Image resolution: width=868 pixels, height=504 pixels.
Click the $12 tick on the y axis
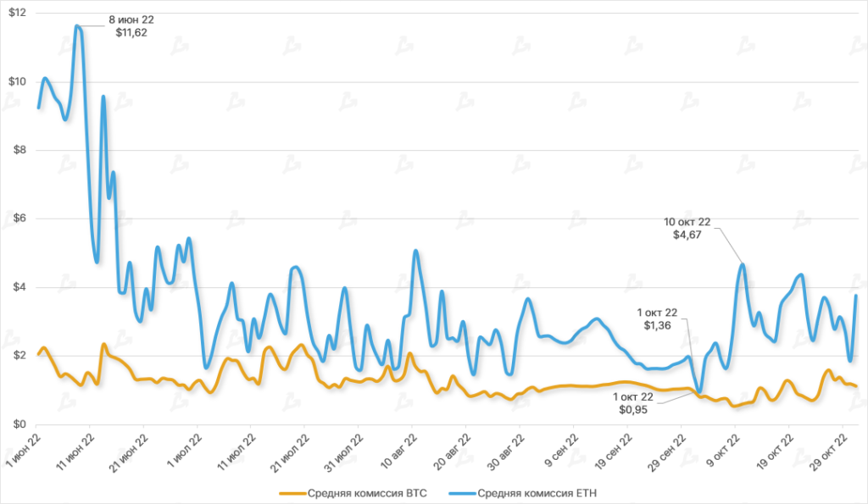[15, 14]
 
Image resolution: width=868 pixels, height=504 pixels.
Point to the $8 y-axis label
[18, 150]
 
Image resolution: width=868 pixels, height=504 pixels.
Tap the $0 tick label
[18, 424]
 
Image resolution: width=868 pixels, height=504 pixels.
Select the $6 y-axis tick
[18, 219]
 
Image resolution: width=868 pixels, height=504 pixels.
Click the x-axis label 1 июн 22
[23, 446]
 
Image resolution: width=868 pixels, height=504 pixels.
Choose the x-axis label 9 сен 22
[560, 446]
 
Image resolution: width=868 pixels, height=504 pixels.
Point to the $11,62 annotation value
[131, 33]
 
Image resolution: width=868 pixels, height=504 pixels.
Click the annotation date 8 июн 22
[131, 19]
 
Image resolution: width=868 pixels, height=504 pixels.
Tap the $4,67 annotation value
[687, 236]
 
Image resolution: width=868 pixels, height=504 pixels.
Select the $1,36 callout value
[658, 325]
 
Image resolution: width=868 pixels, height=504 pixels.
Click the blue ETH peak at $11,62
[78, 26]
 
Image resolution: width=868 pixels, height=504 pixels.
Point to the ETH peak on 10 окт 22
[743, 264]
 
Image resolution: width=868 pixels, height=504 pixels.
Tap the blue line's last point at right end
[857, 296]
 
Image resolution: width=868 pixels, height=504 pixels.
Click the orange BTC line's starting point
[38, 353]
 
